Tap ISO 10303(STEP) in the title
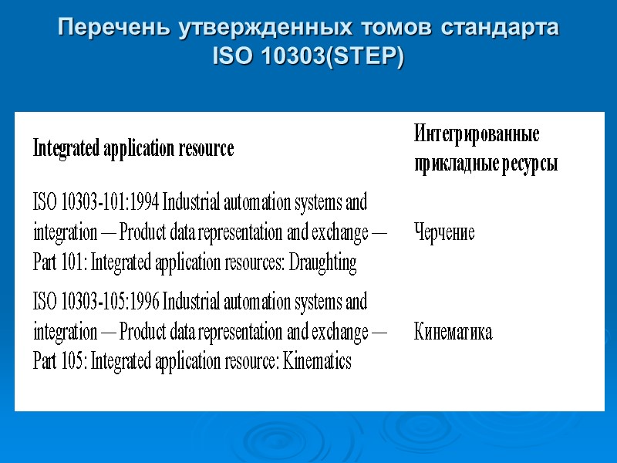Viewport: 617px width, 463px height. (308, 58)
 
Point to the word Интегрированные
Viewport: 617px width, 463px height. (476, 133)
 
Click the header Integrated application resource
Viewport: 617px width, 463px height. (133, 148)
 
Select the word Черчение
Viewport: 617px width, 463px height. (444, 232)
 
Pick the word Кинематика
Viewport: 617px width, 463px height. (453, 332)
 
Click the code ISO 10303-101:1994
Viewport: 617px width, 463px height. (96, 203)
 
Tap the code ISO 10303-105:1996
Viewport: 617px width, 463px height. (96, 301)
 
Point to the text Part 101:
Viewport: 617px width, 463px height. (61, 263)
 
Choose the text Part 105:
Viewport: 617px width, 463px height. (61, 361)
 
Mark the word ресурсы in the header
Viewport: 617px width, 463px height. (528, 164)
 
